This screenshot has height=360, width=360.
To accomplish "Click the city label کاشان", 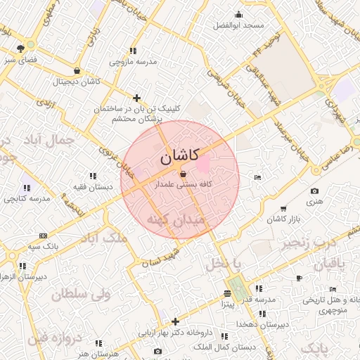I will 179,157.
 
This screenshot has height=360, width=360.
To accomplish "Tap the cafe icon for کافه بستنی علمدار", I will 184,173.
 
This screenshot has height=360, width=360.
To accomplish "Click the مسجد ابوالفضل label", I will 240,25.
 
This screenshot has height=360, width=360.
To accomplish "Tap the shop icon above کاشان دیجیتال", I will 77,71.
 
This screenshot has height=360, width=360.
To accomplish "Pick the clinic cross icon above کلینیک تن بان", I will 136,98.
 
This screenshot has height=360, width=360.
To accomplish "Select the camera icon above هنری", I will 314,191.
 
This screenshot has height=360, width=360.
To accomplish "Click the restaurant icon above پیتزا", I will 227,294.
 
